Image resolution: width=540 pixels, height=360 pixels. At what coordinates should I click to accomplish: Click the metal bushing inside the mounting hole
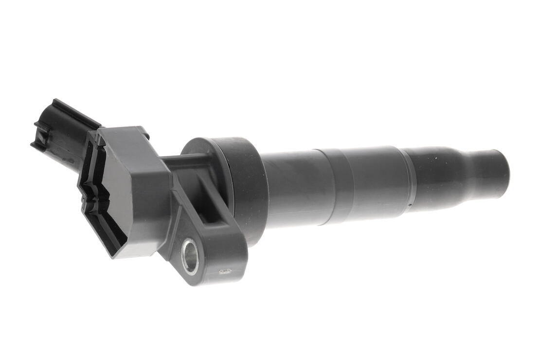coord(190,257)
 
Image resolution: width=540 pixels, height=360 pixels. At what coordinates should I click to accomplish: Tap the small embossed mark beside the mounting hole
coord(224,271)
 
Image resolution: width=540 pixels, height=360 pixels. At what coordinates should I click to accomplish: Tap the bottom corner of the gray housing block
coord(117,255)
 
